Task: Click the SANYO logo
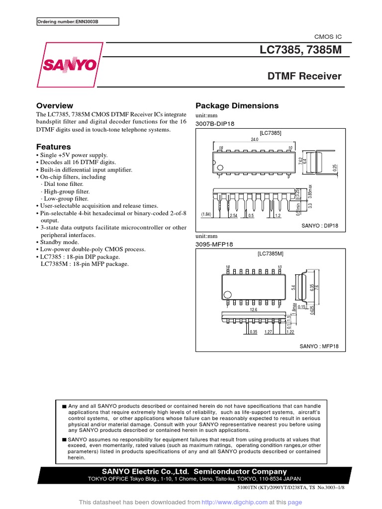(69, 65)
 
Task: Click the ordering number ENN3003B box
(78, 21)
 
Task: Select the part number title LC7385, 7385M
(300, 51)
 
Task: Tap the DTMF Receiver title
(304, 77)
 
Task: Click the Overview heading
(55, 106)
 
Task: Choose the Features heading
(54, 147)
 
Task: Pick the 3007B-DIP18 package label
(214, 123)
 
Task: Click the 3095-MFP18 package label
(214, 245)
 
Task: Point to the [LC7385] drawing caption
(271, 133)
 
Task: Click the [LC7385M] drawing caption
(271, 254)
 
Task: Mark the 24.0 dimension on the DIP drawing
(255, 140)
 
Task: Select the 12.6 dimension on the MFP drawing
(253, 310)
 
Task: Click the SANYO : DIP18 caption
(320, 225)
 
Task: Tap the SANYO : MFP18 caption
(318, 346)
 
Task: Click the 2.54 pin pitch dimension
(233, 216)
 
